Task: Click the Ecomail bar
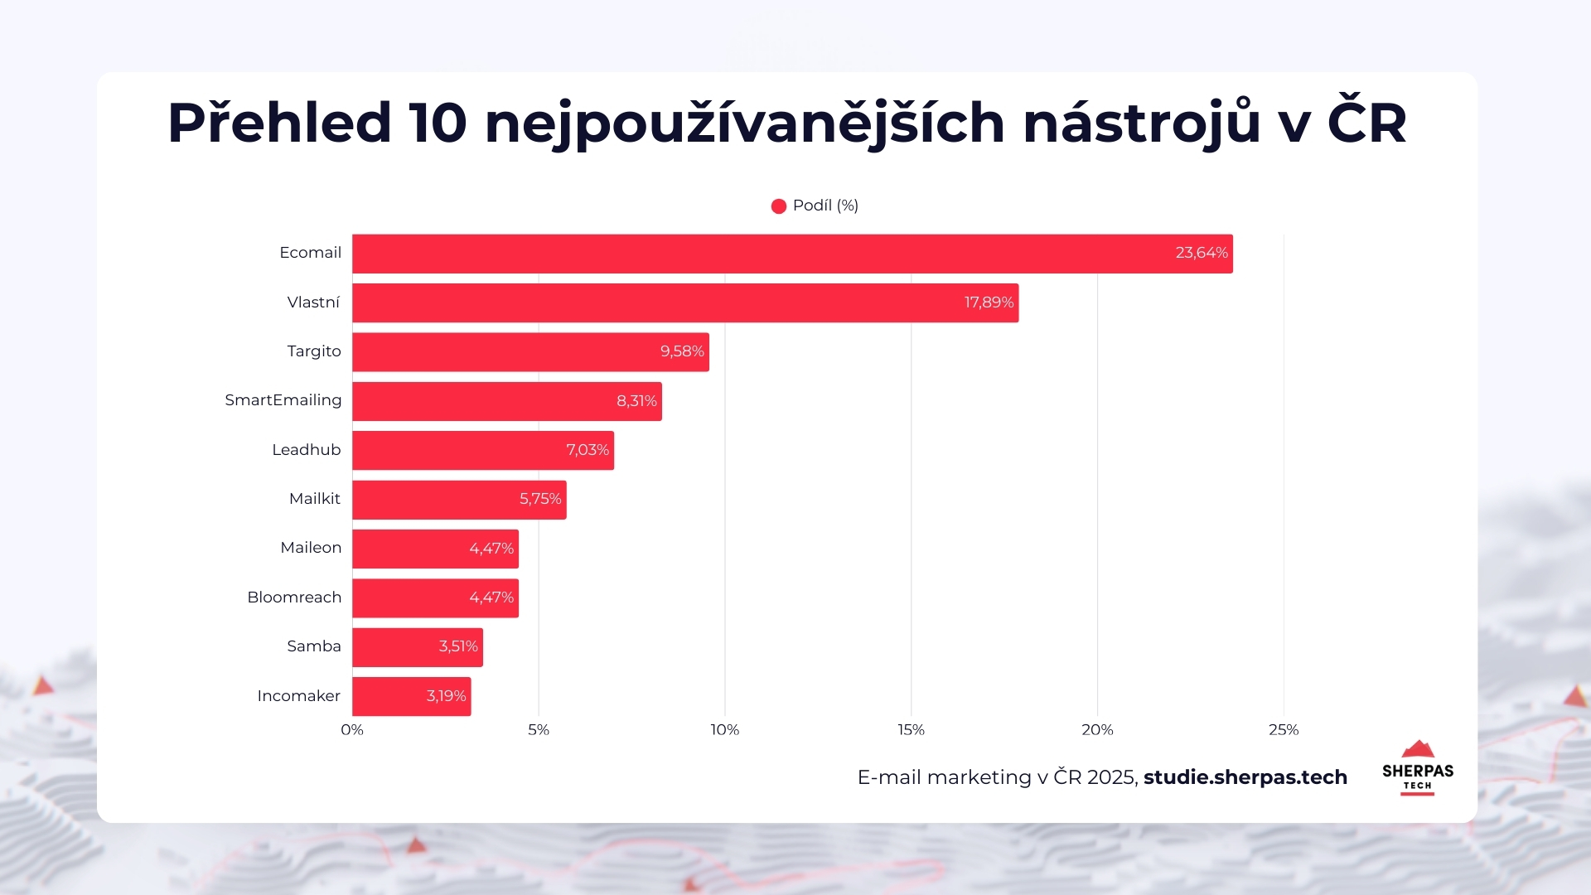tap(791, 254)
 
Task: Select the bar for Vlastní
tap(684, 302)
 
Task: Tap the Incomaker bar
tap(411, 696)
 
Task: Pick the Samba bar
tap(417, 647)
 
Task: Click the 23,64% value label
tap(1201, 253)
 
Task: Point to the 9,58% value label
tap(681, 351)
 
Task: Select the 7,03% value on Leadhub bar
tap(587, 450)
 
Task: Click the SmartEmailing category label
tap(283, 400)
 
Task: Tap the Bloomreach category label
tap(293, 597)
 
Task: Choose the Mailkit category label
tap(314, 499)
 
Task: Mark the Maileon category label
tap(310, 548)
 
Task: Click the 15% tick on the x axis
tap(911, 730)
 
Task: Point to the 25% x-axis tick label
tap(1283, 730)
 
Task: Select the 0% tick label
tap(352, 730)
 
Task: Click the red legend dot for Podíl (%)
tap(778, 206)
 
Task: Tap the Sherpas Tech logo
tap(1417, 768)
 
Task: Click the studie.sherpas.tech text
tap(1245, 777)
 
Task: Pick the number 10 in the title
tap(438, 123)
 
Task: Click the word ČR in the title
tap(1366, 123)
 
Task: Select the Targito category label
tap(313, 351)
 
